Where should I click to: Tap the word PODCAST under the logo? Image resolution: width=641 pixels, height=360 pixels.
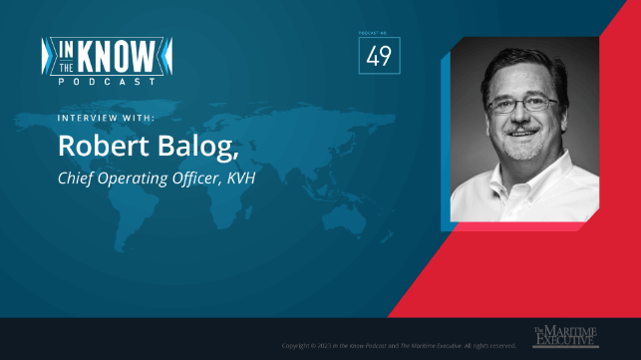110,80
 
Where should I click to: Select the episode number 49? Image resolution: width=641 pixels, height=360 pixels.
379,57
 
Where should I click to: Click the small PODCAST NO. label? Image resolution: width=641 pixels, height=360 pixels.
379,33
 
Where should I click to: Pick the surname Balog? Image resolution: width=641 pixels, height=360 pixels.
200,145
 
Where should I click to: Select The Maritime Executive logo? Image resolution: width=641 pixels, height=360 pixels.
564,336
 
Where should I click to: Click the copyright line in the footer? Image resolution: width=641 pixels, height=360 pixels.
399,345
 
